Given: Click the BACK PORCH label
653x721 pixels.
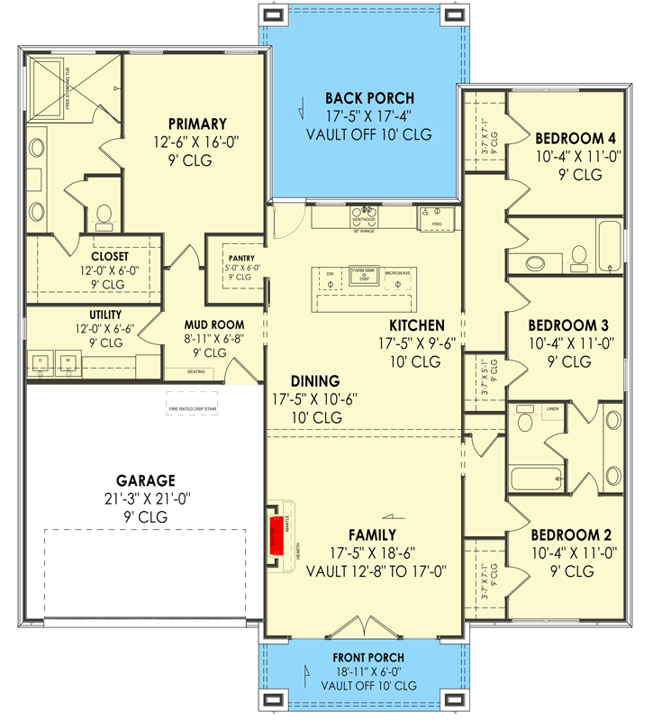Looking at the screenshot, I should point(369,98).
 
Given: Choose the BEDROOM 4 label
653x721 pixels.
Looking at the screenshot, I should point(576,139).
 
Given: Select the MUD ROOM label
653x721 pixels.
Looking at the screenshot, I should point(214,324).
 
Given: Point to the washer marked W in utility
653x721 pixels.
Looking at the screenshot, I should point(68,362).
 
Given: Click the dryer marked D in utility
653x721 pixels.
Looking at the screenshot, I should point(41,362).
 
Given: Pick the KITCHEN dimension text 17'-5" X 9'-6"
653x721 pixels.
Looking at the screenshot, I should point(415,343).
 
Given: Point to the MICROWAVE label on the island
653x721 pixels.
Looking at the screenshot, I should point(398,273).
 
